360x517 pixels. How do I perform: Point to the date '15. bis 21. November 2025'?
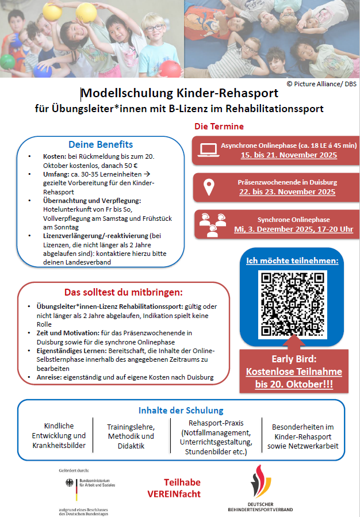[288, 155]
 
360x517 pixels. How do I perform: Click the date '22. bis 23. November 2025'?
[287, 192]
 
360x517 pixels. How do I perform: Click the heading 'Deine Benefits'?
[101, 144]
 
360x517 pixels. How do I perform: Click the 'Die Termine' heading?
[219, 127]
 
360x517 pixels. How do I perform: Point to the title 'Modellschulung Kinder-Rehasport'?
[179, 93]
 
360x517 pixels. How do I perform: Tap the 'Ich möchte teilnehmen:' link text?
[292, 261]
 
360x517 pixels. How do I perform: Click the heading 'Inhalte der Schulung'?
[181, 410]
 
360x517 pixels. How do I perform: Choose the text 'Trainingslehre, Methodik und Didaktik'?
[131, 436]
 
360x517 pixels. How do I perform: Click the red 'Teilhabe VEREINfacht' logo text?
[182, 488]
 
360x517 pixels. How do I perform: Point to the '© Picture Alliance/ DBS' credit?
[321, 83]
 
